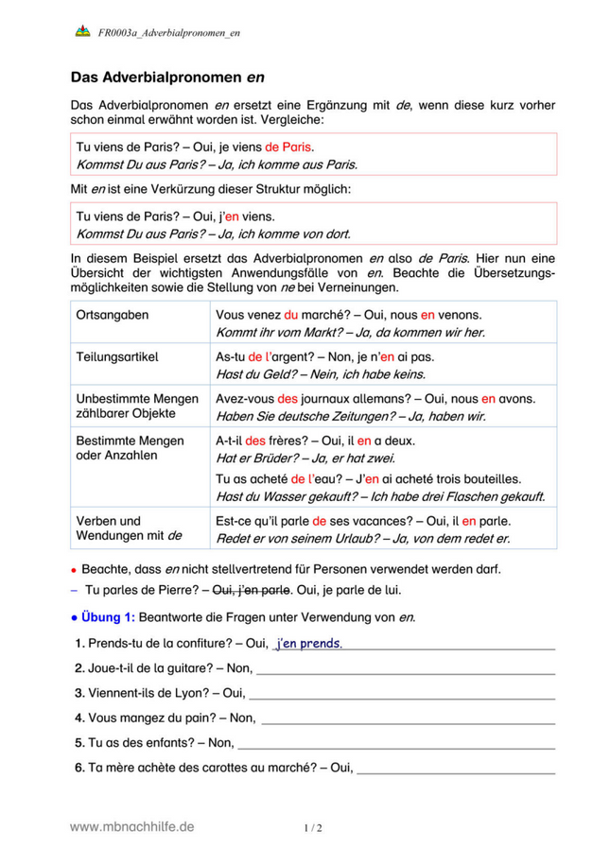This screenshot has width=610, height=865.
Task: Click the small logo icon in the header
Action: pyautogui.click(x=81, y=32)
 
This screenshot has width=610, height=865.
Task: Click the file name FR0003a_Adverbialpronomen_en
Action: pyautogui.click(x=168, y=33)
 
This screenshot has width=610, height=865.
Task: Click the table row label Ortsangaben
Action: pyautogui.click(x=112, y=314)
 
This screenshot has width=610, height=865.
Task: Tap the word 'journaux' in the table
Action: pyautogui.click(x=328, y=399)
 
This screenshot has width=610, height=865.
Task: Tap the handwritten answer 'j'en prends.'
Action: pyautogui.click(x=308, y=644)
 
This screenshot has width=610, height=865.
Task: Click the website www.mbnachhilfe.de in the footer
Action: pyautogui.click(x=132, y=825)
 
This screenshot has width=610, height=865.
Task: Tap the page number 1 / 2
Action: pyautogui.click(x=313, y=828)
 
